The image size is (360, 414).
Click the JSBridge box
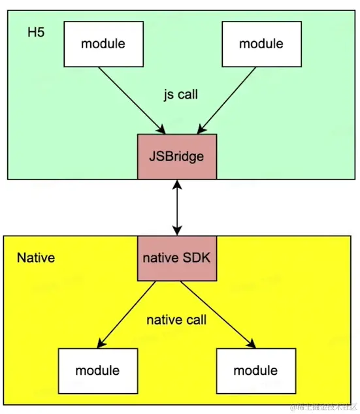[x=176, y=156]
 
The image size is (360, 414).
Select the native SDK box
[x=176, y=258]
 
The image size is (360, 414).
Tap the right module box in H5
[x=261, y=44]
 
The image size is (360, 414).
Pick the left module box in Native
[x=97, y=370]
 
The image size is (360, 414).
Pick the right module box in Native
[x=255, y=370]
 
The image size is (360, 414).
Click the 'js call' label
[x=180, y=95]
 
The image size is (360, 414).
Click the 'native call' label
[x=176, y=320]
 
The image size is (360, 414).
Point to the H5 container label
[x=36, y=33]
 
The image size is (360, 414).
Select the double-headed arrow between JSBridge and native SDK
[x=176, y=208]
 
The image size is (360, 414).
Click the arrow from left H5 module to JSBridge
[x=130, y=99]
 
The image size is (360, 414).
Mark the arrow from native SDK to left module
[x=128, y=313]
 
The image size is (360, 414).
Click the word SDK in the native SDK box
[x=196, y=258]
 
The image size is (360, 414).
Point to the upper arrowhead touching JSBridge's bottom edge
[x=176, y=185]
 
